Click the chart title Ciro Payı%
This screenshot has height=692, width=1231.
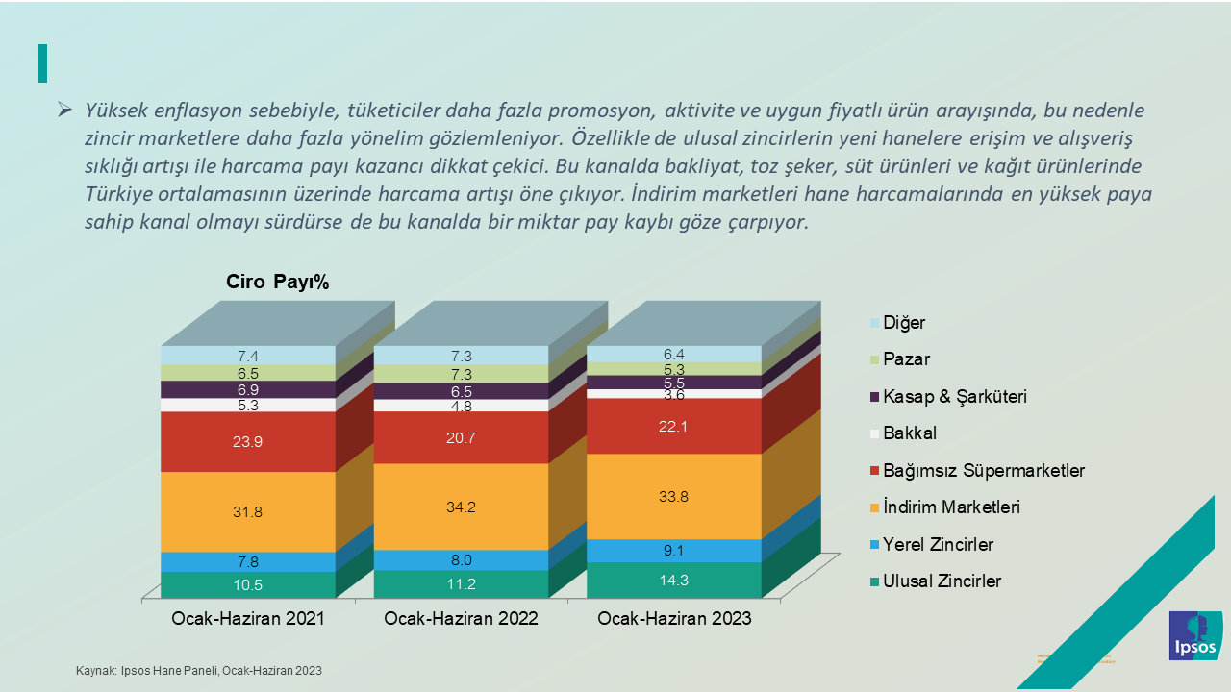click(278, 282)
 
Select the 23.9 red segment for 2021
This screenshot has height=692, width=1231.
click(247, 442)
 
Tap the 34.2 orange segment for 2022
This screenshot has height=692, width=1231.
click(461, 507)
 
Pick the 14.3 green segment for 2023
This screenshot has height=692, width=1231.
click(674, 580)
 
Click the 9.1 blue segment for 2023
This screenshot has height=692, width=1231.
click(674, 551)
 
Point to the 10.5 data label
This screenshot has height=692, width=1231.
click(247, 584)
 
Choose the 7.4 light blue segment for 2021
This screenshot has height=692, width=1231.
click(247, 356)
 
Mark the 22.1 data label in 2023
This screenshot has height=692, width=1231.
click(674, 426)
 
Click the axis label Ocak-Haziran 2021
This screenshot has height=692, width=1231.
click(248, 619)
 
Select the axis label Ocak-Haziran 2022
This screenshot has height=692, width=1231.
click(461, 619)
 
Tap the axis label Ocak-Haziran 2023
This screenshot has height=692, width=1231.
click(674, 619)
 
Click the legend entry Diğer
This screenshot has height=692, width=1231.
click(903, 323)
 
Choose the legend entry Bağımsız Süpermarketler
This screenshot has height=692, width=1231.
click(983, 470)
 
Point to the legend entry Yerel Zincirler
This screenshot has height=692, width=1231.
click(938, 545)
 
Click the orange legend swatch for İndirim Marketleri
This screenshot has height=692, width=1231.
click(874, 507)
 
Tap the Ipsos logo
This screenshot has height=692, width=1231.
click(1195, 635)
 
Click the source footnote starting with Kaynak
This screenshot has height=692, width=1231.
click(199, 671)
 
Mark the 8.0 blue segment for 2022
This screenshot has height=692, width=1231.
click(461, 560)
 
